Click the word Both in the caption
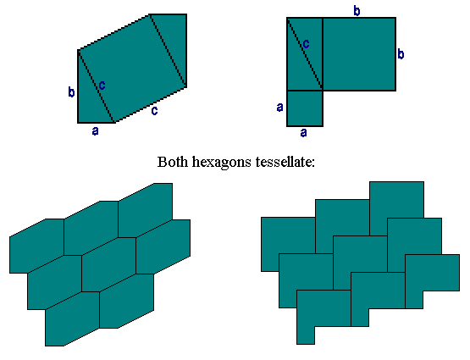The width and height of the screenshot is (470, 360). pyautogui.click(x=173, y=162)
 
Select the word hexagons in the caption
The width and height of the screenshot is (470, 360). pyautogui.click(x=222, y=163)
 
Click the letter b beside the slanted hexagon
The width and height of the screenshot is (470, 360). pyautogui.click(x=71, y=91)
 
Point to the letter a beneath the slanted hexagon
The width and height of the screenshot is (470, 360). pyautogui.click(x=96, y=131)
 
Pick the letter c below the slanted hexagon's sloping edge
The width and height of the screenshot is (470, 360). pyautogui.click(x=154, y=111)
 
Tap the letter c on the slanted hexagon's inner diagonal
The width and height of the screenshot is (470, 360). pyautogui.click(x=102, y=86)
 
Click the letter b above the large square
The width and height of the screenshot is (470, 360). pyautogui.click(x=357, y=11)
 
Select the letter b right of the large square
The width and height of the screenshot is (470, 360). pyautogui.click(x=401, y=54)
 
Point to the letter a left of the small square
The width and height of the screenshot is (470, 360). pyautogui.click(x=280, y=107)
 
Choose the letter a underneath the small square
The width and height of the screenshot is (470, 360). pyautogui.click(x=304, y=132)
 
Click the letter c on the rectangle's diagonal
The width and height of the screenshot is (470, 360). pyautogui.click(x=306, y=44)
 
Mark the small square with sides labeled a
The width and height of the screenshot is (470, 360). pyautogui.click(x=305, y=108)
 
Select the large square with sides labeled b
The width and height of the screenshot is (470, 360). pyautogui.click(x=359, y=54)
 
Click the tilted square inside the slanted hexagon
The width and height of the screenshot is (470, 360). pyautogui.click(x=132, y=69)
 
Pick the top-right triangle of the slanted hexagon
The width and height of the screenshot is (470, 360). pyautogui.click(x=174, y=38)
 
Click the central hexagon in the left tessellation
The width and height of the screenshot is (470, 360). pyautogui.click(x=108, y=264)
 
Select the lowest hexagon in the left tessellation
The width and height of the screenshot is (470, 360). pyautogui.click(x=72, y=319)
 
